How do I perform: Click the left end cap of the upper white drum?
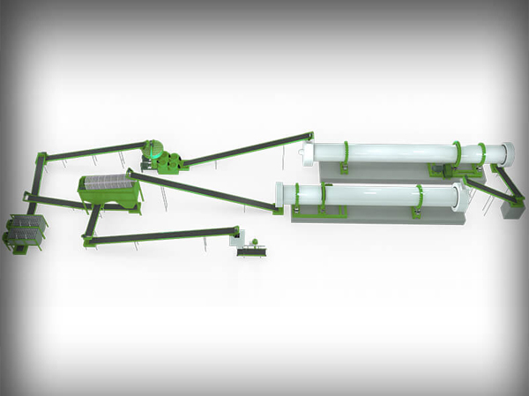308,155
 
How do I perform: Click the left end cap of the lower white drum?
281,197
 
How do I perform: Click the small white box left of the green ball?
235,235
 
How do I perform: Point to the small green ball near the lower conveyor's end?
254,243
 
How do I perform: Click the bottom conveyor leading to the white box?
159,234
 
